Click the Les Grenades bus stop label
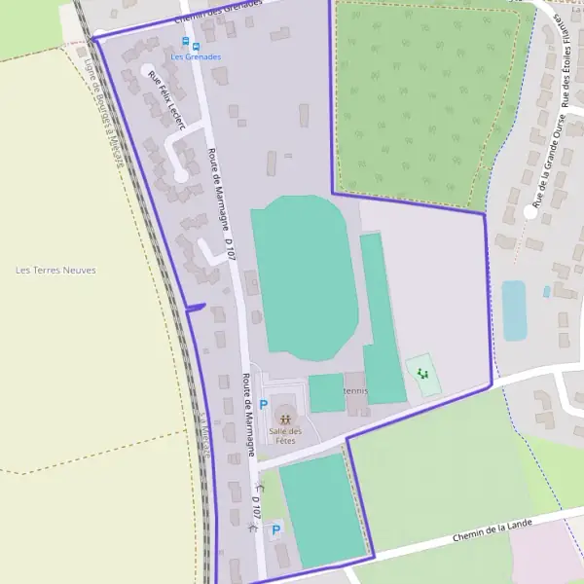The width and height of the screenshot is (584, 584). click(x=196, y=56)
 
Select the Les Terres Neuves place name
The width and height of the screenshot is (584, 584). click(x=56, y=270)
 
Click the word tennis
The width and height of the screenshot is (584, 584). click(x=355, y=390)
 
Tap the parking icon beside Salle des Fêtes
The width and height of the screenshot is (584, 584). click(x=263, y=404)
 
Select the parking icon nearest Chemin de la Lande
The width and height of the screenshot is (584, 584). click(x=275, y=529)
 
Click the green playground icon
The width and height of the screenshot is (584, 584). click(x=422, y=373)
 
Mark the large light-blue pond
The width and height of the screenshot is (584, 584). click(x=514, y=310)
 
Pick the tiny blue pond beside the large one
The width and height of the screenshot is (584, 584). click(x=546, y=290)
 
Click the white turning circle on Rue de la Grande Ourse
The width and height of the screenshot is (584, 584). click(x=529, y=210)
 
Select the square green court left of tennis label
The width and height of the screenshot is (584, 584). click(x=326, y=392)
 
